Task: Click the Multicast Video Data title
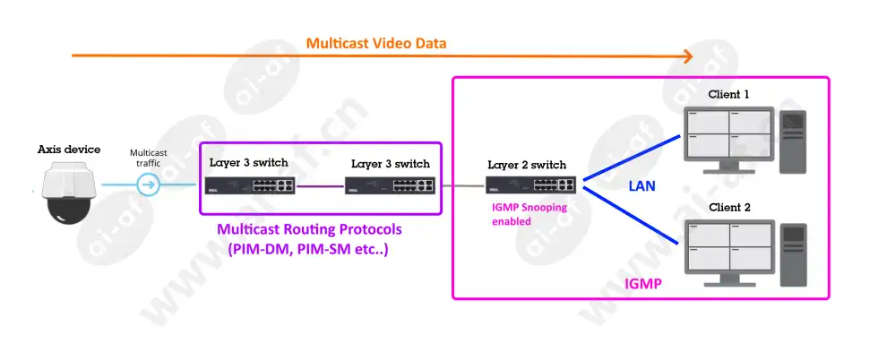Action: point(376,43)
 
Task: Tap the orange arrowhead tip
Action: point(693,56)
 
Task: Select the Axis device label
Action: point(69,150)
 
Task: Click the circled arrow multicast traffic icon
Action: point(149,184)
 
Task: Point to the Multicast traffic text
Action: point(149,158)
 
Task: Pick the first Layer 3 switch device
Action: point(249,185)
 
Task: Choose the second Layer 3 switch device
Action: point(391,186)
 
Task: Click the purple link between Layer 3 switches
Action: point(320,186)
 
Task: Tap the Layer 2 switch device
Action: point(530,185)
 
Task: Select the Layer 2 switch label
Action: point(527,165)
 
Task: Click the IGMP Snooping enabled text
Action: point(529,214)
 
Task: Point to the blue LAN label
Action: point(641,186)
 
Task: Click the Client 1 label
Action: point(728,94)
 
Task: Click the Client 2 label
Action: point(729,207)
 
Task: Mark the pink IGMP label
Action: point(643,284)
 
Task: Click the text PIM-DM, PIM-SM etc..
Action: point(308,249)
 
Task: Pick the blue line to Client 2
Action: point(632,215)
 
